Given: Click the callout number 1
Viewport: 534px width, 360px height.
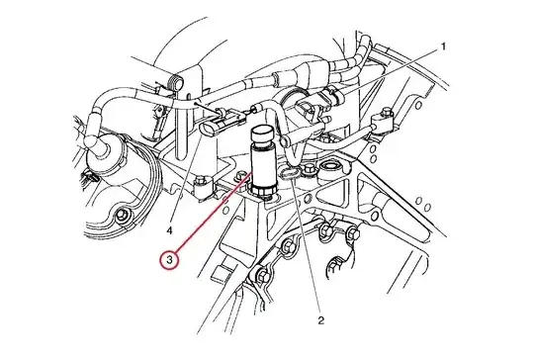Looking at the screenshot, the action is point(443,46).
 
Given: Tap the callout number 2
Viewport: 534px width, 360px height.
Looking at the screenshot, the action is point(321,320).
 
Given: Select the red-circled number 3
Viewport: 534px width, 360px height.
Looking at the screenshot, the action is point(170,260).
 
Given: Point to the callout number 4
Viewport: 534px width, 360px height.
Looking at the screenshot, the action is point(170,230).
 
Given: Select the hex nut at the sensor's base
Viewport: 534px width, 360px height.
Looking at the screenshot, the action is point(264,190).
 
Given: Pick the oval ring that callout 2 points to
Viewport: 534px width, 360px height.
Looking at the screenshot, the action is point(289,173).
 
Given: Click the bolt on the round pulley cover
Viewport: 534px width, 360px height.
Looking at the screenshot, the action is point(122,216).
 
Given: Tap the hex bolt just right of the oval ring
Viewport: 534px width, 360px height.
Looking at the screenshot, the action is point(310,167).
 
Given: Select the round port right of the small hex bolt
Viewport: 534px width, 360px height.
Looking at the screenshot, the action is point(330,166).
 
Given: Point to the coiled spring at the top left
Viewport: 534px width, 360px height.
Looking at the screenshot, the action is point(176,82).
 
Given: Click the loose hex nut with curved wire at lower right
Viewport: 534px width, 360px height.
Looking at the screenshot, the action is point(336,265).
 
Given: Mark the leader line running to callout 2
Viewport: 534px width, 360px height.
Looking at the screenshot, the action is point(307,244).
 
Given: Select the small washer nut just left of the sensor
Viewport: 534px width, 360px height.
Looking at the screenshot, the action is point(241,175).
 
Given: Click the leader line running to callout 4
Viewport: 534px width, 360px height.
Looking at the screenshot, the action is point(185,180).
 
